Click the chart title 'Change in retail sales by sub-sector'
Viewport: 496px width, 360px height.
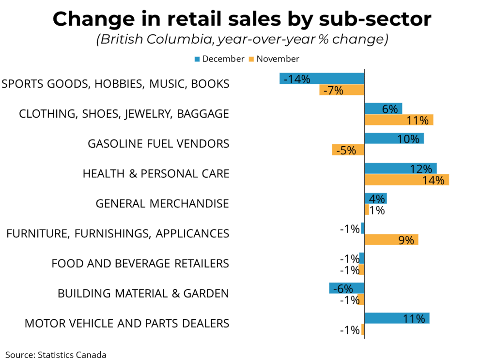[x=242, y=19]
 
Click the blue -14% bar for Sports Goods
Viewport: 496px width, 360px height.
[x=322, y=78]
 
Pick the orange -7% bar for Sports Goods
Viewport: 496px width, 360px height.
[x=341, y=90]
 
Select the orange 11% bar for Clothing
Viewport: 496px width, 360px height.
[x=399, y=120]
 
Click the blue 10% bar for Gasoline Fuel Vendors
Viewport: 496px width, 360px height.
[x=394, y=139]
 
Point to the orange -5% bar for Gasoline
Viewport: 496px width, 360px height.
[x=348, y=150]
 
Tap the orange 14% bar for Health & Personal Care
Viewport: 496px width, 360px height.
[x=406, y=180]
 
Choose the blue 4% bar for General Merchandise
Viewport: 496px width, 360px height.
[x=375, y=199]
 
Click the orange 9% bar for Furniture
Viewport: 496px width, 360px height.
[x=391, y=240]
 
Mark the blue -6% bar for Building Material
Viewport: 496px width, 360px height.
[x=346, y=288]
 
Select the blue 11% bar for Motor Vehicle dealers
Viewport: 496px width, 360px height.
[x=397, y=318]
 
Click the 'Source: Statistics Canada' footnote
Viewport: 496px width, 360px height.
[x=56, y=355]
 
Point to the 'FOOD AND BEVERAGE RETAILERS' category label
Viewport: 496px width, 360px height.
[x=140, y=264]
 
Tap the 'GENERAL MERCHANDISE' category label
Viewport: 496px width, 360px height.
[x=162, y=203]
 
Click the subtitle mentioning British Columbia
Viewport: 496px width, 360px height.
[x=242, y=40]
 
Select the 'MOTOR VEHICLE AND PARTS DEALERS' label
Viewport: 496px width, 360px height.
[x=127, y=323]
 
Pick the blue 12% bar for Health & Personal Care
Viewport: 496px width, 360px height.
[x=400, y=169]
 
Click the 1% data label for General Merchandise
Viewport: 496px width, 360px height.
[x=377, y=210]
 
